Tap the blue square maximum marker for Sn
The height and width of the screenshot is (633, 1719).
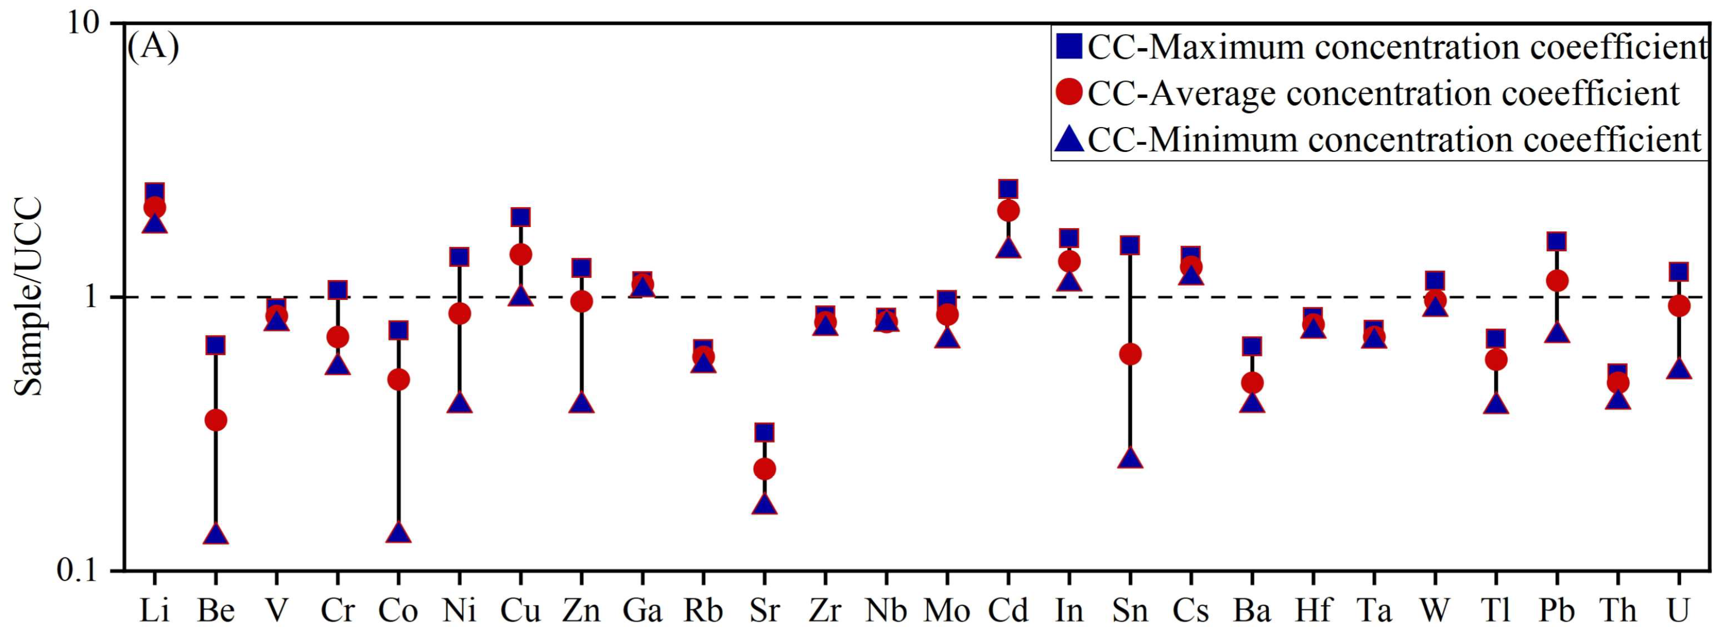coord(1129,245)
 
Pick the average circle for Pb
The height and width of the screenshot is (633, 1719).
coord(1557,281)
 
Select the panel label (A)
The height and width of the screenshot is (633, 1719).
coord(153,48)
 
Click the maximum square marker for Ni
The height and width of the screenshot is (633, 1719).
coord(459,256)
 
